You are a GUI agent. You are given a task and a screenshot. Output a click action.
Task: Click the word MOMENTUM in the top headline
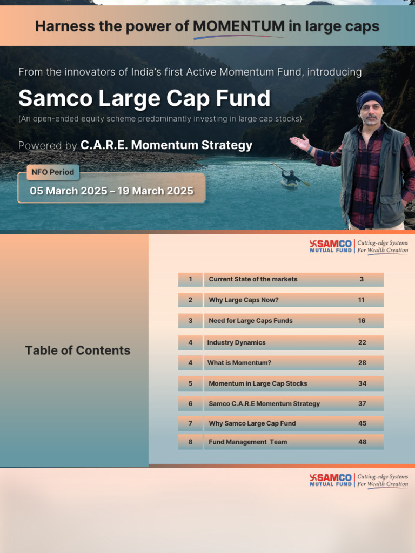[x=238, y=26]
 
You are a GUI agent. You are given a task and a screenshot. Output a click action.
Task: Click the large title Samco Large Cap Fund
[x=144, y=98]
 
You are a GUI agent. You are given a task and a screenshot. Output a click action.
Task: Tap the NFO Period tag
[x=53, y=173]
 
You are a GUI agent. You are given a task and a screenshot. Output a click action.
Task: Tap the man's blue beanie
[x=370, y=100]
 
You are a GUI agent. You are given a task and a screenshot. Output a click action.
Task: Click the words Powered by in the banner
[x=48, y=145]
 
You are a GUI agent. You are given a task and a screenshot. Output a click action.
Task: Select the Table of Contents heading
[x=77, y=350]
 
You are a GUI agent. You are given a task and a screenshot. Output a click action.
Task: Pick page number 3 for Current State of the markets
[x=362, y=279]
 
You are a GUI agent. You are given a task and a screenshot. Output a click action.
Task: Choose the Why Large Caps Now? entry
[x=244, y=300]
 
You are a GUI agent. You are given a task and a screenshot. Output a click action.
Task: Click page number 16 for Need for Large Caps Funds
[x=362, y=321]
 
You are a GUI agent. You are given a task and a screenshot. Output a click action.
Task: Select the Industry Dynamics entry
[x=236, y=342]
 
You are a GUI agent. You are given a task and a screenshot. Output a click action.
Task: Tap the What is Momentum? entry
[x=239, y=363]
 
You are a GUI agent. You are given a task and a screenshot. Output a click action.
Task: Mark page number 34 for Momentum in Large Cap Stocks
[x=362, y=383]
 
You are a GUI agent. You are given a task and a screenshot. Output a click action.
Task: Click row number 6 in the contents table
[x=190, y=404]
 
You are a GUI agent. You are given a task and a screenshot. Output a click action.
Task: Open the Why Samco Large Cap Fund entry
[x=252, y=423]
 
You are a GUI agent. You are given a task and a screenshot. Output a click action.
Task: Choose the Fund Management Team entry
[x=247, y=442]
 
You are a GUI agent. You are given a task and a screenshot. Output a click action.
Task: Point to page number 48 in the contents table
[x=362, y=442]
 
